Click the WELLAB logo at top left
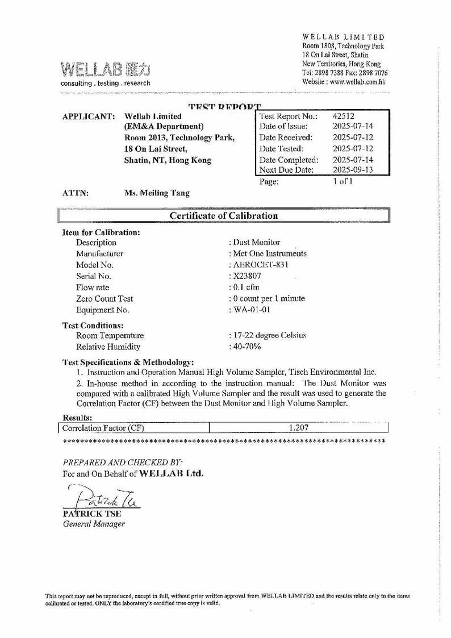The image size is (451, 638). (x=106, y=71)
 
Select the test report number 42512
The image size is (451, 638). (x=344, y=116)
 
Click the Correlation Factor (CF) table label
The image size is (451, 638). (x=103, y=428)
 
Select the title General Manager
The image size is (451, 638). (x=93, y=524)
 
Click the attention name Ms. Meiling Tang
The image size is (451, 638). (x=157, y=193)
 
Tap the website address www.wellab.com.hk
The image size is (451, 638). (x=358, y=81)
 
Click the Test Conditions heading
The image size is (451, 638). (x=93, y=326)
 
